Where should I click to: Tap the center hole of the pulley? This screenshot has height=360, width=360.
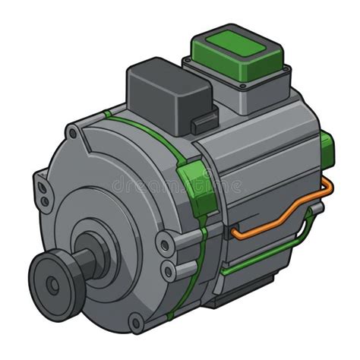pos(51,285)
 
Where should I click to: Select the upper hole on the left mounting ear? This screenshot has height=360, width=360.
pos(43,188)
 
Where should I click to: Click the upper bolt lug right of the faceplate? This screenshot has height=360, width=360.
pos(164,243)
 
